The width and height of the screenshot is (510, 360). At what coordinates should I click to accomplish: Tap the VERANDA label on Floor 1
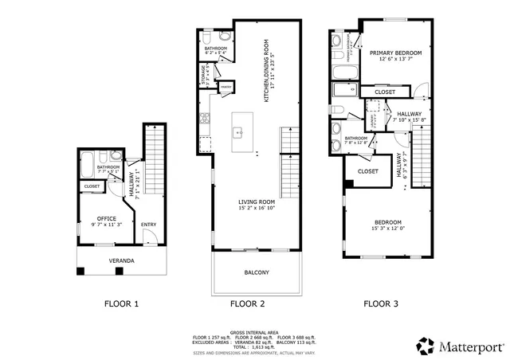(x=121, y=260)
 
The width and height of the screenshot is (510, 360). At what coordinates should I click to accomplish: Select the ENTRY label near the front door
(x=148, y=225)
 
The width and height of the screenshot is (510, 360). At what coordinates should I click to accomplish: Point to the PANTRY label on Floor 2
(x=226, y=87)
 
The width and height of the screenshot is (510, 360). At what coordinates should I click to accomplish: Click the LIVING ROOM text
(x=256, y=202)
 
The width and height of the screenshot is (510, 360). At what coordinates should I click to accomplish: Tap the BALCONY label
(x=257, y=273)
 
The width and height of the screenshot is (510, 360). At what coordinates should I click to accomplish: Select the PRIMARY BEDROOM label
(x=395, y=53)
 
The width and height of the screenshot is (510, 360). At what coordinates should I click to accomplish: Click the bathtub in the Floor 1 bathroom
(x=87, y=164)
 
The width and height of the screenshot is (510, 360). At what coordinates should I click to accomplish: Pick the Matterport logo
(x=460, y=345)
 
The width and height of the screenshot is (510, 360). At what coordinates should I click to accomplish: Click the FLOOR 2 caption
(x=247, y=303)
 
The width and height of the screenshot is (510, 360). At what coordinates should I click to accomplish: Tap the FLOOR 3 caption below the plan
(x=382, y=303)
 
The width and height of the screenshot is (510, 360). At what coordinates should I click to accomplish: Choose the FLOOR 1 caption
(x=122, y=303)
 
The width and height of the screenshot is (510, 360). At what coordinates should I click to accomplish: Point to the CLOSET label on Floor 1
(x=92, y=187)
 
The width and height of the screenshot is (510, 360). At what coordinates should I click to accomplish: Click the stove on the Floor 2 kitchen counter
(x=206, y=119)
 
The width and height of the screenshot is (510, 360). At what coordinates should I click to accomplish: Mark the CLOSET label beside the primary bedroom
(x=385, y=92)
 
